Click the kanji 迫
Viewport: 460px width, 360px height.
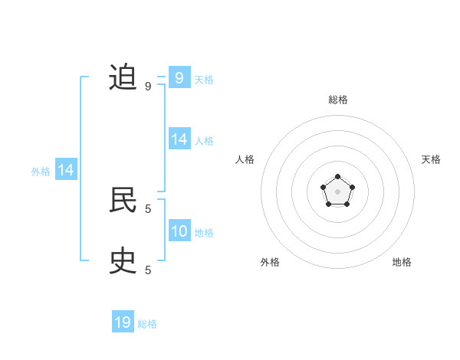(123, 77)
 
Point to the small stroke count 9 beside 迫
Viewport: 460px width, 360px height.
(148, 86)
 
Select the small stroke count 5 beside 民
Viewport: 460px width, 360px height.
(148, 208)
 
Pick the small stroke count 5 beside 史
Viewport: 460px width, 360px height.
(148, 270)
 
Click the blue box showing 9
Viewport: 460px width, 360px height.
(179, 77)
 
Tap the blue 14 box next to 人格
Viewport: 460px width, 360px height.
(179, 139)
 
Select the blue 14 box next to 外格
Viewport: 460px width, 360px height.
(66, 171)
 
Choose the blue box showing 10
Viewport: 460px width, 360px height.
(179, 231)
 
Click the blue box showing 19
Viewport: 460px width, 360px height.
(123, 322)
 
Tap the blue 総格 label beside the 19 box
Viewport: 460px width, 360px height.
(147, 324)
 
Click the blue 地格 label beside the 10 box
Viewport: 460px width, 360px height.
(204, 233)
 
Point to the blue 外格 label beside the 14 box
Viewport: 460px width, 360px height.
(41, 172)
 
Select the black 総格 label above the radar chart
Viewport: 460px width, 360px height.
(337, 100)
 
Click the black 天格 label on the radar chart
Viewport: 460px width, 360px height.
(432, 159)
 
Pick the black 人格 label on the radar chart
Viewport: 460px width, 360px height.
(245, 159)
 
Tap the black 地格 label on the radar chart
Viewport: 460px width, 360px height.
(402, 262)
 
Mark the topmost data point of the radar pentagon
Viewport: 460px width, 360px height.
(337, 177)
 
